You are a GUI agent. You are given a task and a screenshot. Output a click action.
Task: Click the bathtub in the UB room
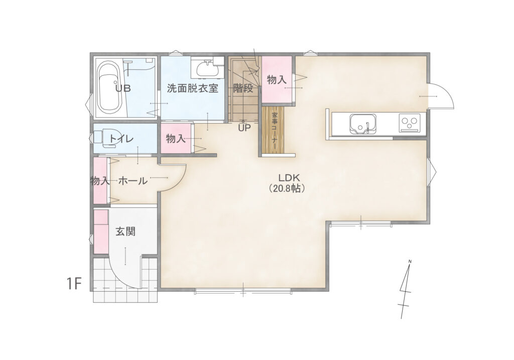[110, 87]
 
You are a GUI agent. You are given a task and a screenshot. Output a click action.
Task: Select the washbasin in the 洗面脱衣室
[207, 68]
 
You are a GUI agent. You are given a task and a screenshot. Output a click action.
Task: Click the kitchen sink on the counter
[363, 124]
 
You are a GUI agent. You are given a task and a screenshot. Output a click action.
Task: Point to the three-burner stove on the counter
[410, 123]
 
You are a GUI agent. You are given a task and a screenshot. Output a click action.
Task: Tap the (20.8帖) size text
[287, 188]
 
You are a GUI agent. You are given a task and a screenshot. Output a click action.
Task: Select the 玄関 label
[125, 232]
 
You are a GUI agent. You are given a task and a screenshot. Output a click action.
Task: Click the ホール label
[133, 180]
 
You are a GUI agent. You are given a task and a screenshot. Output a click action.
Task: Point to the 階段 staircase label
[243, 88]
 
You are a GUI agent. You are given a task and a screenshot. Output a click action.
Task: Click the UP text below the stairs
[244, 128]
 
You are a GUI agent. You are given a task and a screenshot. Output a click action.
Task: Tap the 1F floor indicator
[74, 284]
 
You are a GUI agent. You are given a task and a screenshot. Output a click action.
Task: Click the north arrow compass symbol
[406, 289]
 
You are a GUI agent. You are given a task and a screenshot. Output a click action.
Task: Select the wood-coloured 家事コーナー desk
[273, 130]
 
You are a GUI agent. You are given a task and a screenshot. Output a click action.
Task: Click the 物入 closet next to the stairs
[277, 80]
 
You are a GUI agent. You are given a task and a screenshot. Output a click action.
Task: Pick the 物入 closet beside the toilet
[176, 138]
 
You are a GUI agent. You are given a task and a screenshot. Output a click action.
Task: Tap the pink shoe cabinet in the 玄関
[101, 231]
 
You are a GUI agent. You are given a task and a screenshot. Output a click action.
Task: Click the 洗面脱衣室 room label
[192, 88]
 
